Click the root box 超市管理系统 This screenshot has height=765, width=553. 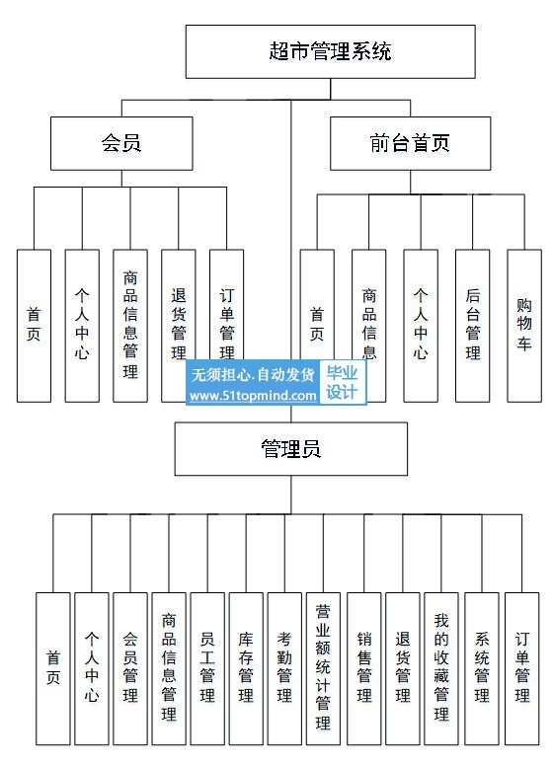[331, 51]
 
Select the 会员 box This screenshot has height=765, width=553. [121, 143]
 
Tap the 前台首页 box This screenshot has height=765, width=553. [410, 143]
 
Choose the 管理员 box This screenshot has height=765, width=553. [291, 449]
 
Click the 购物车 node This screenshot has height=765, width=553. [524, 326]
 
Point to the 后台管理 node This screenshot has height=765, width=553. [472, 326]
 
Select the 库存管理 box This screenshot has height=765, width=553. [246, 669]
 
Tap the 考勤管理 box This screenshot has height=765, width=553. [284, 669]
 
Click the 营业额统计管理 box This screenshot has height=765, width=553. [323, 669]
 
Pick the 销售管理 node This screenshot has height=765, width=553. [364, 669]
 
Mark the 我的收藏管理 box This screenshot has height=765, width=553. [441, 669]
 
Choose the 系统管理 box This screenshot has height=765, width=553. [482, 669]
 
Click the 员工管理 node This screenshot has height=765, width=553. [207, 669]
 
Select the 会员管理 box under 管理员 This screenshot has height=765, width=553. [130, 669]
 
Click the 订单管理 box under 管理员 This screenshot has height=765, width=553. [521, 669]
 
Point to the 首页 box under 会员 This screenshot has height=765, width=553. [34, 326]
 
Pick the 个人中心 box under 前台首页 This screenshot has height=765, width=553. [421, 326]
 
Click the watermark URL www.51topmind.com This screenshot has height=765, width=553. [253, 396]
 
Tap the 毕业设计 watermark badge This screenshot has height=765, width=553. [342, 383]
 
